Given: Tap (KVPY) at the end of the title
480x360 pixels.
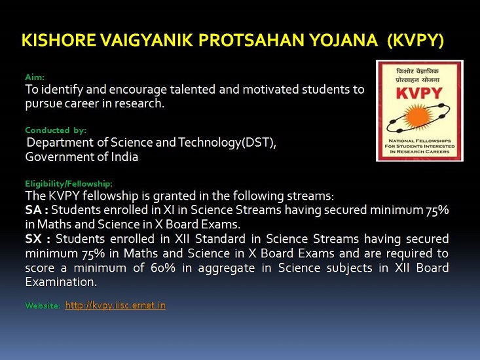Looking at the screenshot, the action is click(415, 41).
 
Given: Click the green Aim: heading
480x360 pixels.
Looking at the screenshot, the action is click(35, 77).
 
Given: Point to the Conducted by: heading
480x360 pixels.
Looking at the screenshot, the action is click(56, 130).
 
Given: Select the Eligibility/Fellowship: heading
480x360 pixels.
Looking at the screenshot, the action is click(69, 183).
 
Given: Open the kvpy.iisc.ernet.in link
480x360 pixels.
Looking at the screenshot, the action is click(115, 305).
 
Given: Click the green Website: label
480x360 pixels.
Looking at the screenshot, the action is click(43, 305).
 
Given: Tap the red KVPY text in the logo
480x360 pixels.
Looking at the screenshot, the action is click(419, 93).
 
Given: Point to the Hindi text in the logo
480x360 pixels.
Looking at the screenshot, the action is click(418, 75).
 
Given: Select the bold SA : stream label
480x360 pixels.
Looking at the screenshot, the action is click(37, 210).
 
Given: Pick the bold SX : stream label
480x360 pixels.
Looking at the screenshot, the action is click(37, 238).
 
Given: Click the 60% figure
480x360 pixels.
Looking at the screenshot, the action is click(163, 268).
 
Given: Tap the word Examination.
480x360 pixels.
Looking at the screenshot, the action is click(61, 281).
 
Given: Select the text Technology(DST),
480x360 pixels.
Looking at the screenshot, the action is click(227, 143).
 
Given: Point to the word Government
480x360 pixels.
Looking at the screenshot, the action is click(56, 156).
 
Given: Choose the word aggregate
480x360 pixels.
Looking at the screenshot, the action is click(227, 268).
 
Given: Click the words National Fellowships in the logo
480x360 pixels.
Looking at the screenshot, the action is click(420, 141).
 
